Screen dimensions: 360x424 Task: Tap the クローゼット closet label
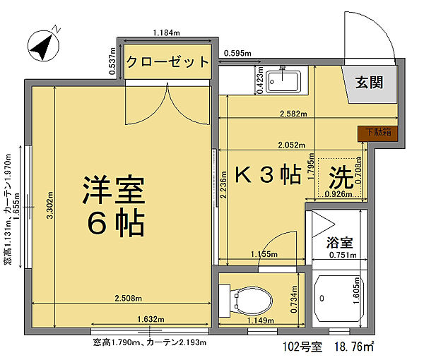pos(167,61)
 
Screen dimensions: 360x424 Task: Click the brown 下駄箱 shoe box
pos(378,131)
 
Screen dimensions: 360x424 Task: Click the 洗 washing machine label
pos(339,173)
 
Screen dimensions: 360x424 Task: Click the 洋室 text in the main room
pos(114,188)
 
